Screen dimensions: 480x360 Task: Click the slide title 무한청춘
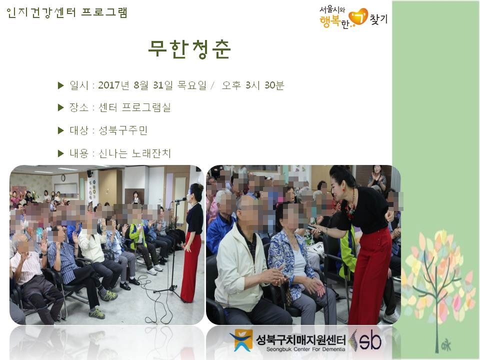coord(189,49)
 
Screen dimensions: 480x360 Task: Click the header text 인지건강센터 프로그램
coord(66,13)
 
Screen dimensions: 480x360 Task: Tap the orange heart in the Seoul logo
coord(358,16)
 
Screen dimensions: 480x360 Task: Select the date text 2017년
coord(113,85)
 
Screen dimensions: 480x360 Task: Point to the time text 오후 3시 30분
coord(253,85)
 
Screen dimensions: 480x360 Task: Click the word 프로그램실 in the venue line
coord(146,107)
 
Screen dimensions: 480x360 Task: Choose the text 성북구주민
coord(123,130)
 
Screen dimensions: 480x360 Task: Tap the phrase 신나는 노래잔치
coord(134,153)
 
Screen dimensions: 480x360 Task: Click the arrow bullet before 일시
coord(60,85)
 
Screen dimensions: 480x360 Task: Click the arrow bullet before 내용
coord(60,153)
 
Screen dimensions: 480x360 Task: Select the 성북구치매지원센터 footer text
coord(300,339)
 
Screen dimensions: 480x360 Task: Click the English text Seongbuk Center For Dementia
coord(305,349)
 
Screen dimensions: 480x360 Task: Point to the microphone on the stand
coord(179,200)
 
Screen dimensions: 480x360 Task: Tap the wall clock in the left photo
coord(63,177)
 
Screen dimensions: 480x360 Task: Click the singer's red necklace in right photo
coord(350,205)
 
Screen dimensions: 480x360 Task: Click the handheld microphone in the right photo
coord(314,228)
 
